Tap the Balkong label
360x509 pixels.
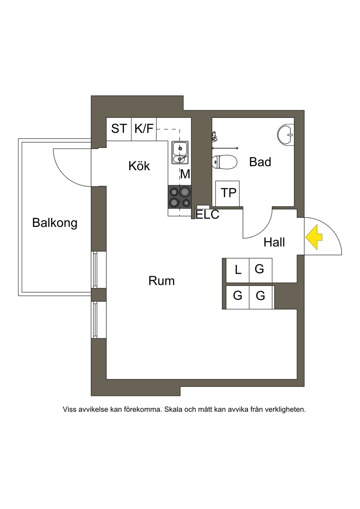click(54, 223)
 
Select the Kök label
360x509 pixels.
click(139, 166)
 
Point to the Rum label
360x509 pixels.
click(161, 281)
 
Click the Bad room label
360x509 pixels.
click(260, 162)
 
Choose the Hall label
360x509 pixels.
click(274, 242)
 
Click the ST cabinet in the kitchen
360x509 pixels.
click(119, 129)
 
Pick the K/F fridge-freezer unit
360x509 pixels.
click(144, 129)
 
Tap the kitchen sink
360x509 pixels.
click(180, 152)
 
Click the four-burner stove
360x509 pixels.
click(180, 197)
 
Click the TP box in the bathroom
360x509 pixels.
click(228, 193)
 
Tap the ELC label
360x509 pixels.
click(207, 214)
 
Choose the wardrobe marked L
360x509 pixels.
click(238, 270)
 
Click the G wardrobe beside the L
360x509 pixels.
click(260, 269)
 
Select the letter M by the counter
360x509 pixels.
click(185, 174)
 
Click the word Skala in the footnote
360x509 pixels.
click(173, 409)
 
